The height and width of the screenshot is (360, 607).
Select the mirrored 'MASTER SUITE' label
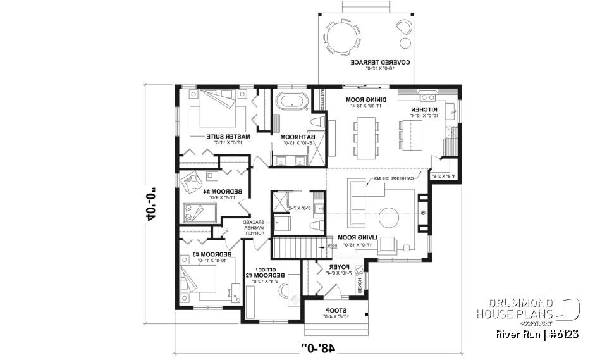coord(229,137)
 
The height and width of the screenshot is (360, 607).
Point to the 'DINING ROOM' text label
coord(363,100)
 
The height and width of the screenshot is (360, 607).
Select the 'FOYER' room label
coord(334,268)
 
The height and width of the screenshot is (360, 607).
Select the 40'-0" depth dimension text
coord(152,206)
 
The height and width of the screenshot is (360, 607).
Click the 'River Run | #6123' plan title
coord(537,333)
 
